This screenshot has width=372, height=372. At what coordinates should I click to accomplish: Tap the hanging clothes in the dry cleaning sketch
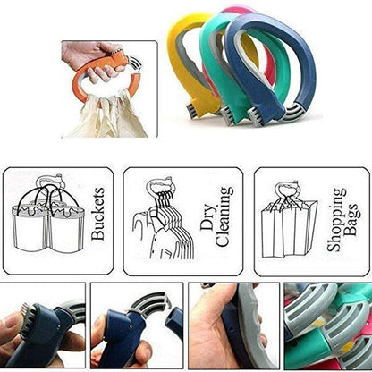161,237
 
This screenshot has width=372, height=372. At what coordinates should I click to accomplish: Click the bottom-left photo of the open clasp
44,325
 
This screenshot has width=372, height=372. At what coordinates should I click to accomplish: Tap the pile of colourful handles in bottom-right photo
327,325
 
